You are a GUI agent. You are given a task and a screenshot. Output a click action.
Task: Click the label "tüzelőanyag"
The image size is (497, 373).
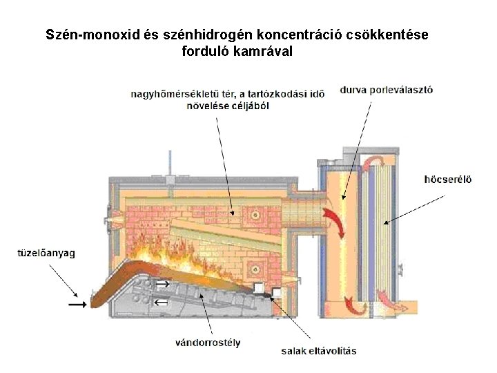point(46,254)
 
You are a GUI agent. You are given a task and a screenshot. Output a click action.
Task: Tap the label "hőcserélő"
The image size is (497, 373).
point(448,180)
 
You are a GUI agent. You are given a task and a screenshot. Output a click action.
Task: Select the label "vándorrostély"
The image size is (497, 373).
point(208,343)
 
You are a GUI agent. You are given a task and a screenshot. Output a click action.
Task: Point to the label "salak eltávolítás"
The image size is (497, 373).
point(319,351)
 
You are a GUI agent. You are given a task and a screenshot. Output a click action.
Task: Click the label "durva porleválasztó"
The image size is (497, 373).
point(387,90)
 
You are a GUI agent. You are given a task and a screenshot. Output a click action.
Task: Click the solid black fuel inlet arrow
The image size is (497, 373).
point(78,302)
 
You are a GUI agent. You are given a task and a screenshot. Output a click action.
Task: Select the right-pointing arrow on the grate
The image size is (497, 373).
point(164,284)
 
